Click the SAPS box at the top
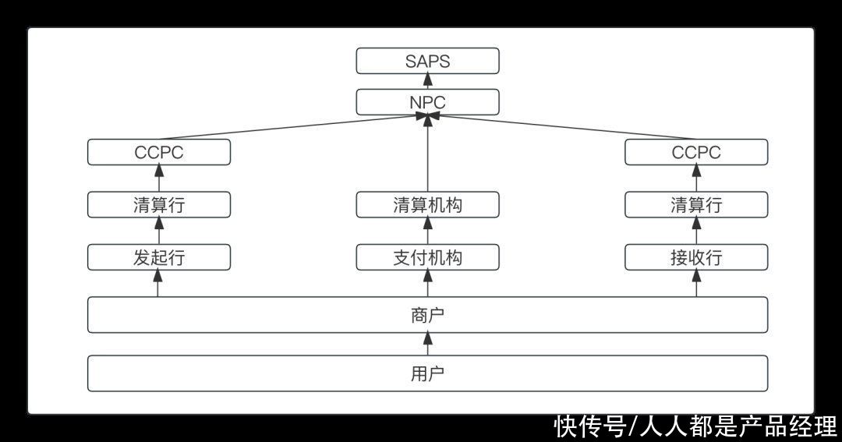click(x=427, y=61)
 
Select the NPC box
click(x=427, y=102)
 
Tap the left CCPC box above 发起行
click(x=159, y=152)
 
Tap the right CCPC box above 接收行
click(x=696, y=152)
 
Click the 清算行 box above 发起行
click(x=159, y=205)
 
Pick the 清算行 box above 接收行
click(x=696, y=205)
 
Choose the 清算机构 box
click(x=427, y=205)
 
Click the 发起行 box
click(x=159, y=257)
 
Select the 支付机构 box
click(x=427, y=257)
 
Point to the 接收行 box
click(x=696, y=257)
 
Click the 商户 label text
click(x=427, y=315)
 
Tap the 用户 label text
click(x=427, y=373)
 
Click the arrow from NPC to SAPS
click(x=427, y=82)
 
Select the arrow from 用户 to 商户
click(x=427, y=344)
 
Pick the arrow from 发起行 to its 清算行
click(x=159, y=231)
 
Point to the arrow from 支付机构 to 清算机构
click(x=427, y=231)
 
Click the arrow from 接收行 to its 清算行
click(x=696, y=231)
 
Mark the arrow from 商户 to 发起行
click(x=159, y=283)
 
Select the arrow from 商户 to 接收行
click(x=696, y=283)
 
